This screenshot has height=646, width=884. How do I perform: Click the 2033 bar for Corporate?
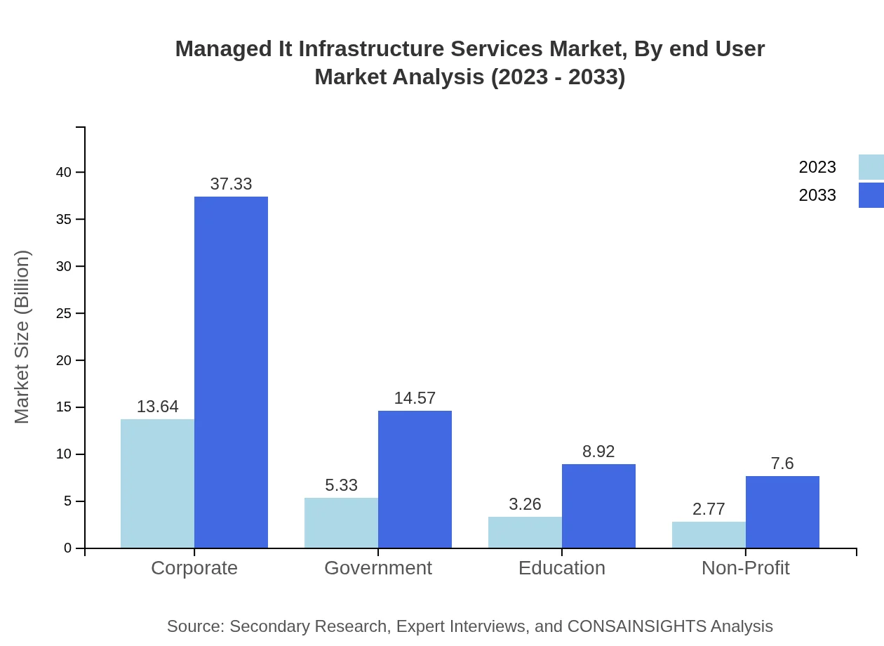click(231, 372)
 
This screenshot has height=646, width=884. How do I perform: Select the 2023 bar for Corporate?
click(157, 484)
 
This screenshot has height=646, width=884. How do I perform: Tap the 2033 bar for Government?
click(415, 480)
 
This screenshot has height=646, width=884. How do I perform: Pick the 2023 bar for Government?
click(341, 523)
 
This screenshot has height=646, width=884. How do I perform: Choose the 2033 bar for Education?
click(598, 506)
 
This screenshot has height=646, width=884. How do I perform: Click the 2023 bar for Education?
click(525, 532)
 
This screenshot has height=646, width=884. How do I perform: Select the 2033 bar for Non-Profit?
click(782, 512)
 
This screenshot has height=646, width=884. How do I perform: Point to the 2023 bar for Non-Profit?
click(709, 535)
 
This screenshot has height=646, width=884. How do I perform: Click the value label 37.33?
click(231, 184)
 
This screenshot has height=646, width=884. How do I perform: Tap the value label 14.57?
click(415, 398)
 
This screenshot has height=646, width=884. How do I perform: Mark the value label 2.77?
click(709, 509)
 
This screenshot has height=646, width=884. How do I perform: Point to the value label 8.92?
click(598, 451)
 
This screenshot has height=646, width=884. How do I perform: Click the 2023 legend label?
click(817, 167)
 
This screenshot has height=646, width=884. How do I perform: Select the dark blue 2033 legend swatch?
click(871, 195)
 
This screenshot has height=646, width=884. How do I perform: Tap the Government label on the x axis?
click(378, 567)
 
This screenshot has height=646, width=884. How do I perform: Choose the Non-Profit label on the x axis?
click(745, 567)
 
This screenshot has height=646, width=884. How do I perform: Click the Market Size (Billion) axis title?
click(22, 337)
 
